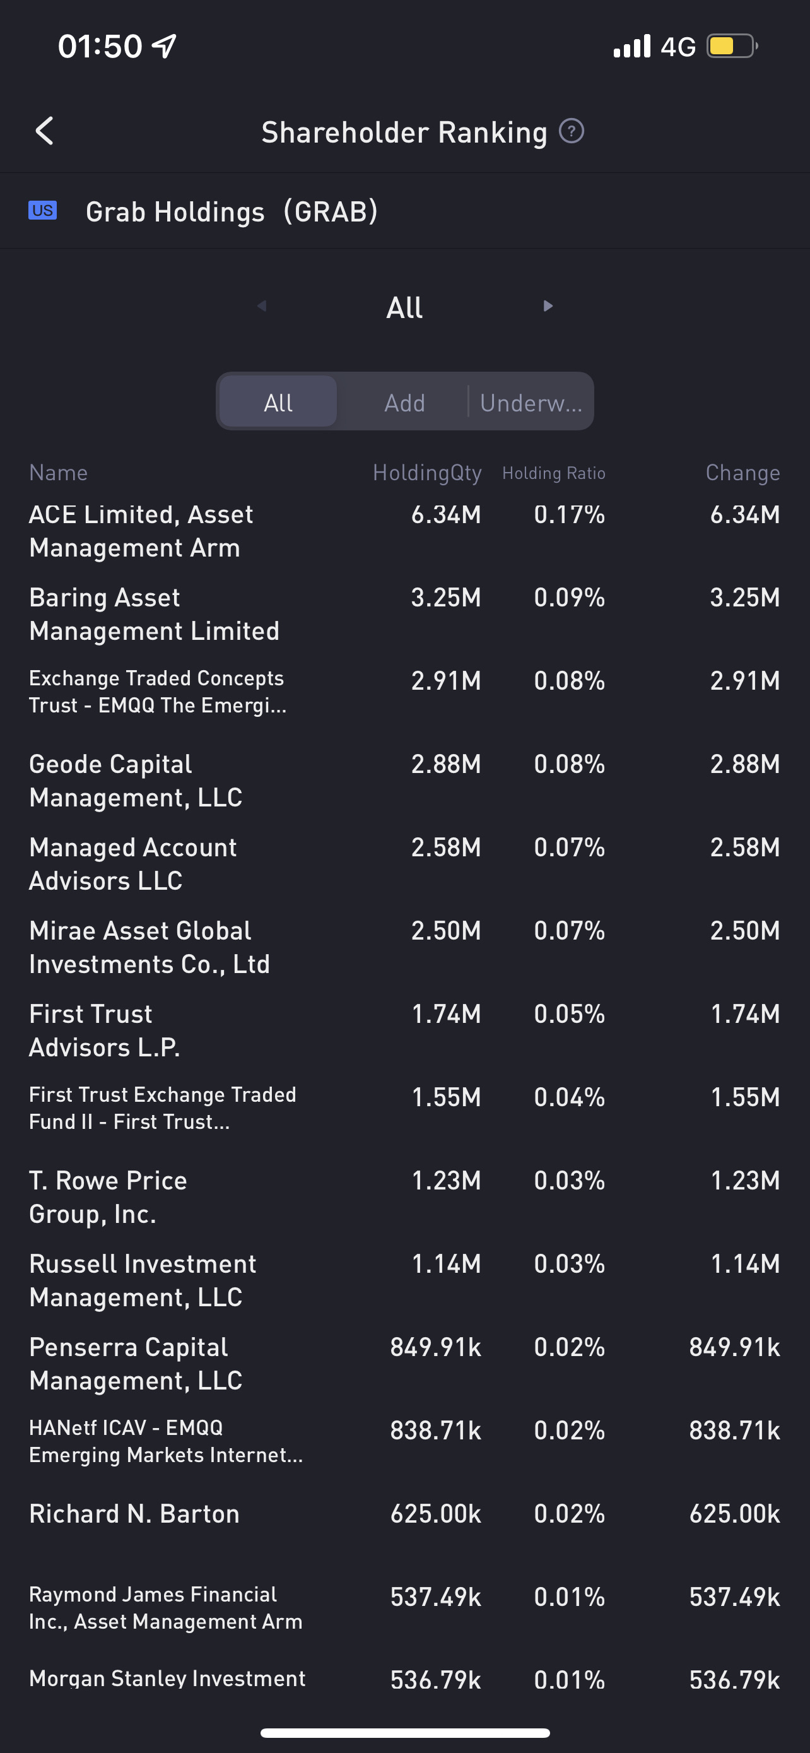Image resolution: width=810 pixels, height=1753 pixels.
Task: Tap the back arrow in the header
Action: coord(45,131)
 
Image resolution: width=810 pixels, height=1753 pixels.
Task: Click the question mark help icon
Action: coord(572,131)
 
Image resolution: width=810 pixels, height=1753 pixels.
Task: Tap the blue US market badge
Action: coord(42,210)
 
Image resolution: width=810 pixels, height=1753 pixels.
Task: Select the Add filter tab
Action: coord(404,403)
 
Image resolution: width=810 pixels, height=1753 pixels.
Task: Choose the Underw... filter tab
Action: coord(531,403)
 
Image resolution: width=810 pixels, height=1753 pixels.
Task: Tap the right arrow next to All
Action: coord(548,306)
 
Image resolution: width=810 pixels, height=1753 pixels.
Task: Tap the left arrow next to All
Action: coord(262,306)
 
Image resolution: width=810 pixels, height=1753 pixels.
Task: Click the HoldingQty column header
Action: coord(427,473)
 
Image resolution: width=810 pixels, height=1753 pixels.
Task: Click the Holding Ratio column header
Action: coord(554,473)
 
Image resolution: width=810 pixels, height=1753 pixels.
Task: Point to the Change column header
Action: coord(742,473)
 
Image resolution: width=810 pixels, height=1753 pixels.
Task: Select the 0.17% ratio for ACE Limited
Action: coord(569,515)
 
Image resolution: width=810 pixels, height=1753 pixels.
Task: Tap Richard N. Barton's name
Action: coord(134,1514)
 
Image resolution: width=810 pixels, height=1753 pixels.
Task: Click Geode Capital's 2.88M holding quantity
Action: coord(446,764)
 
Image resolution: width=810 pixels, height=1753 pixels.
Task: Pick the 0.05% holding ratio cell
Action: coord(569,1014)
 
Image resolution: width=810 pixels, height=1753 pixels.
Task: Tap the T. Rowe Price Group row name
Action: coord(108,1197)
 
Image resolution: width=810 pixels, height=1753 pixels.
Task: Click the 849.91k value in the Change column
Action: coord(734,1347)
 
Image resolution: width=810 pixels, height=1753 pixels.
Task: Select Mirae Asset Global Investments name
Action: coord(150,947)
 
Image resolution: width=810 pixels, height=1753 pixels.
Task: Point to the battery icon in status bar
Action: coord(732,46)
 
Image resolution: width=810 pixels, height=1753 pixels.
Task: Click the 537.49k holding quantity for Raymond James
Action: coord(436,1597)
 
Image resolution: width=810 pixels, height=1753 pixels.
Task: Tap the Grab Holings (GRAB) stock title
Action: coord(232,211)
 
